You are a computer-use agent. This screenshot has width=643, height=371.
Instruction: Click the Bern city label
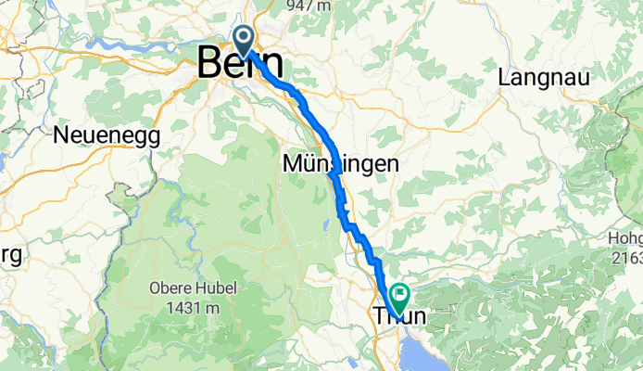coord(240,65)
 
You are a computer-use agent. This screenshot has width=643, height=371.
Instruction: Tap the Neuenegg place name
coord(107,134)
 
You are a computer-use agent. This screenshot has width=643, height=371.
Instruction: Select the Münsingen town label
coord(340,163)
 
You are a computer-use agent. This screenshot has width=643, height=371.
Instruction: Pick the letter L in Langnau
coord(505,79)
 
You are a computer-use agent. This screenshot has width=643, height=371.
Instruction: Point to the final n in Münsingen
coord(392,163)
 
